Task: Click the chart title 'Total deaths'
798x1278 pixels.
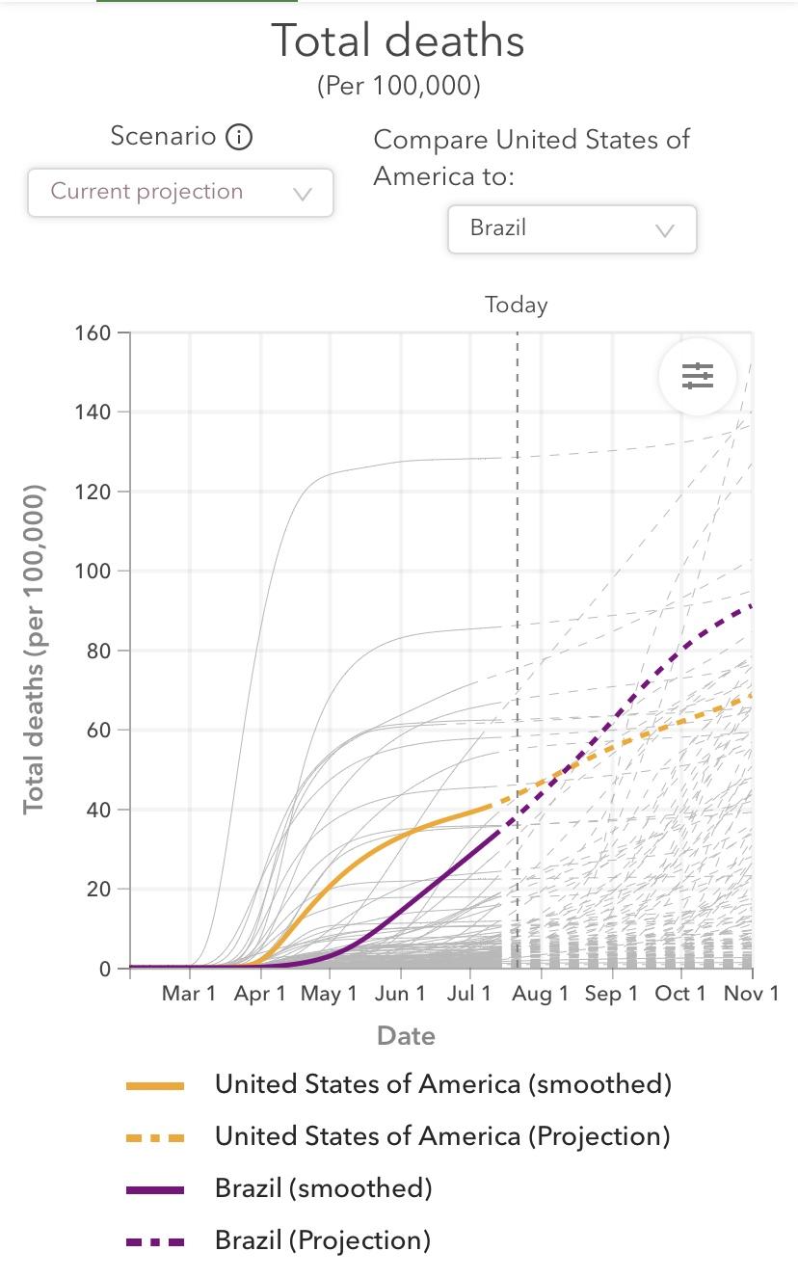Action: click(398, 41)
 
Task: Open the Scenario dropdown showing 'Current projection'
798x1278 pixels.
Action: click(180, 192)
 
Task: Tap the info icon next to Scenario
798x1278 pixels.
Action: click(238, 137)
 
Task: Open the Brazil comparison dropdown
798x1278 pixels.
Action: click(572, 229)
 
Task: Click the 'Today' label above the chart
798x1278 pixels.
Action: click(517, 306)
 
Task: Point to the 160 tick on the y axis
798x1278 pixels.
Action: click(93, 333)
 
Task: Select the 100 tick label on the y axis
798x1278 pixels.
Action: click(93, 572)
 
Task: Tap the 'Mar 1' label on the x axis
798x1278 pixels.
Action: click(189, 994)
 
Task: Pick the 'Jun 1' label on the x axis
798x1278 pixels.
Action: click(399, 994)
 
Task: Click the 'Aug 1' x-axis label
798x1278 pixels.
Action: click(540, 994)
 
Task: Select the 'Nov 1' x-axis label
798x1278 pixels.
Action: click(752, 994)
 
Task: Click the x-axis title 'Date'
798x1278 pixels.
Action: click(406, 1036)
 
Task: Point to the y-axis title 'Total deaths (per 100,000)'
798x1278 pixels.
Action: click(35, 650)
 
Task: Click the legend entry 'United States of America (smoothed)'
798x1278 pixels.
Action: click(442, 1084)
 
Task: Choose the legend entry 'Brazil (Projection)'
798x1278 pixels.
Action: click(322, 1240)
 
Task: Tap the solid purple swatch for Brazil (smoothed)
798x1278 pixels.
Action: click(155, 1189)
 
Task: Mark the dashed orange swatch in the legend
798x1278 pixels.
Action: click(155, 1137)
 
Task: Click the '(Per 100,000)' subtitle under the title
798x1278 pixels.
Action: click(398, 86)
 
